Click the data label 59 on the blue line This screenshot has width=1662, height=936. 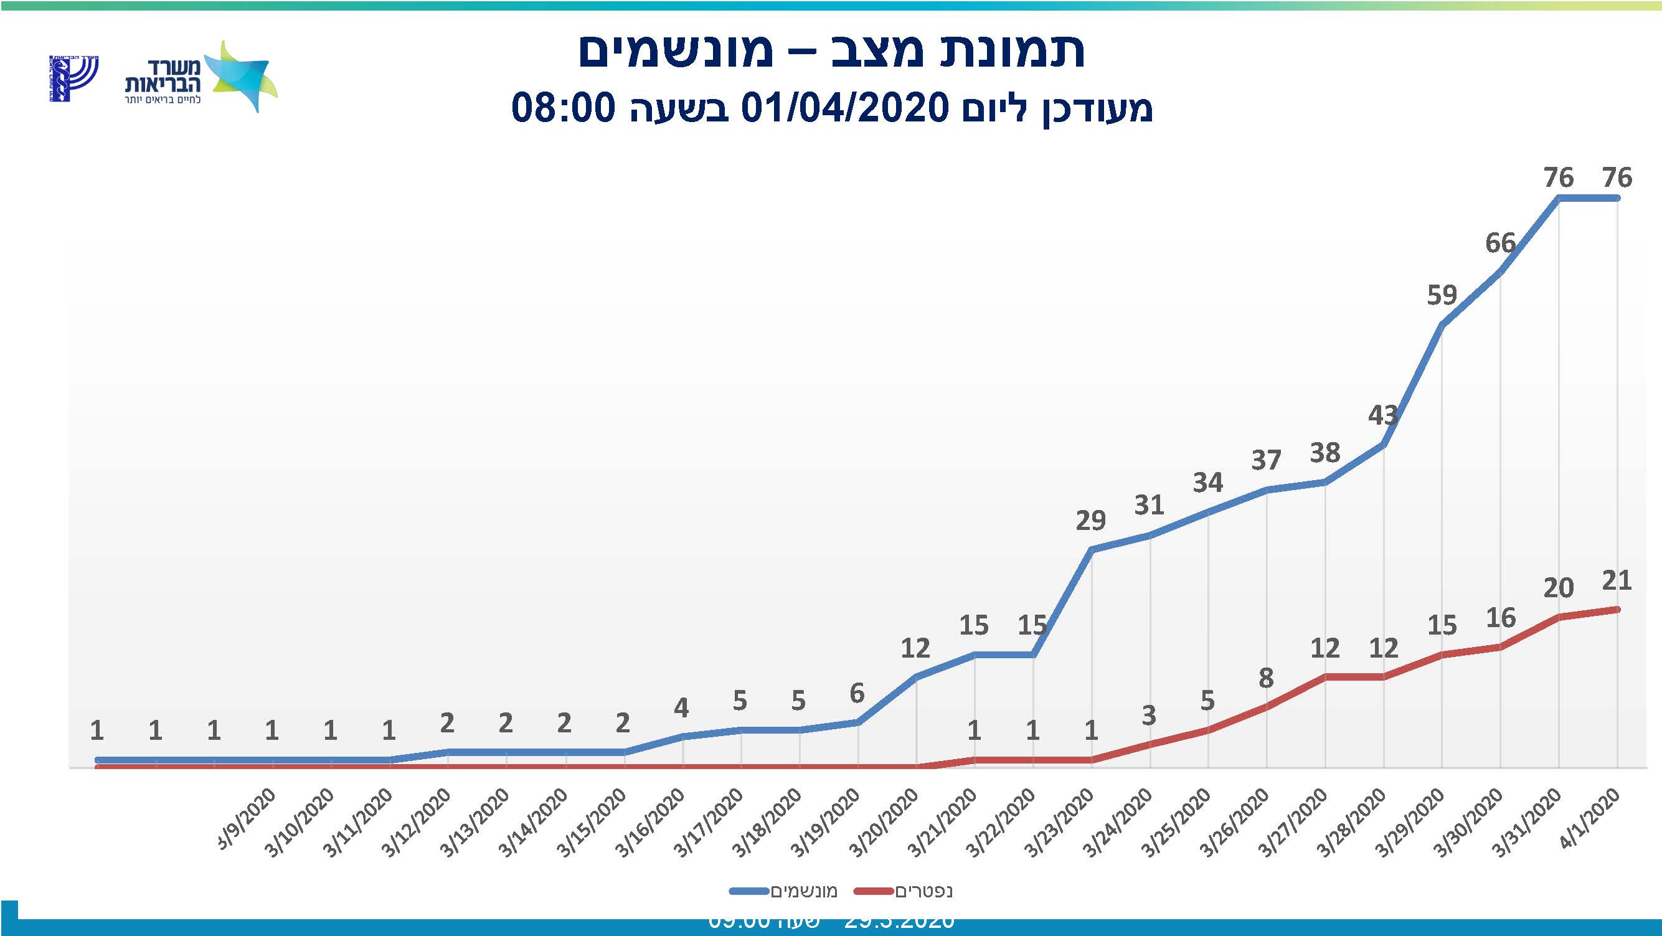(x=1442, y=295)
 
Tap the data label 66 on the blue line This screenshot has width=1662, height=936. (x=1500, y=243)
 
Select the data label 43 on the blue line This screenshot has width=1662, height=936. (x=1382, y=415)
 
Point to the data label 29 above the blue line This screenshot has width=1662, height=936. (x=1090, y=520)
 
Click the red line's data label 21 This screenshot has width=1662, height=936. (x=1617, y=580)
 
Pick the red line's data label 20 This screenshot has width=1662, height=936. (x=1558, y=588)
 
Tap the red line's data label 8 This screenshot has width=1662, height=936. (x=1266, y=678)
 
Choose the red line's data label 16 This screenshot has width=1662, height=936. (x=1500, y=618)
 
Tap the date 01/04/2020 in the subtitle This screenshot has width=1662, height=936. (x=844, y=108)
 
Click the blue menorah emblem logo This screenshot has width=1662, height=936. (x=73, y=78)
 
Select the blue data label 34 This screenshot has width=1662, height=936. (x=1207, y=483)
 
